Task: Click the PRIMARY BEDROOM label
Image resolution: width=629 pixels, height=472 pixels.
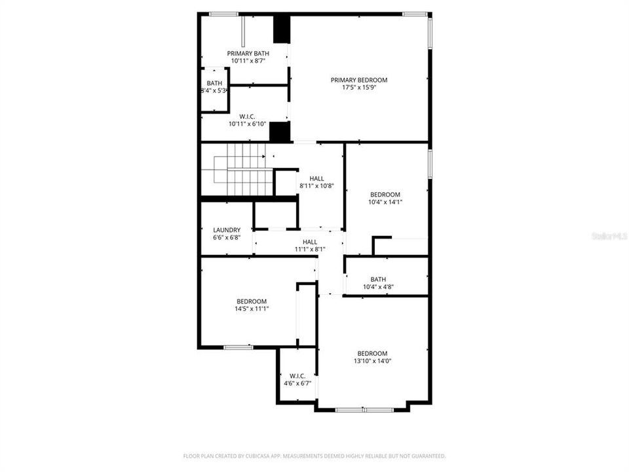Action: (x=358, y=80)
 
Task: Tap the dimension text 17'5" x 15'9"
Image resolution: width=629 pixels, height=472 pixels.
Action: (x=358, y=87)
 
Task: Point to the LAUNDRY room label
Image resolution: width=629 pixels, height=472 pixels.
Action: (x=227, y=230)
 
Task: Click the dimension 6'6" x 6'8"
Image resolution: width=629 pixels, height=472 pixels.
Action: (x=227, y=237)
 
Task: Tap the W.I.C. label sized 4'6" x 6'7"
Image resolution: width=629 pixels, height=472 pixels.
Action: (x=297, y=376)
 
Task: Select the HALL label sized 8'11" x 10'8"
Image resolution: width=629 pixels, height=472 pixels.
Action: (x=316, y=178)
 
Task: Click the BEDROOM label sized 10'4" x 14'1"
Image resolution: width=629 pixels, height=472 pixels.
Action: (x=385, y=195)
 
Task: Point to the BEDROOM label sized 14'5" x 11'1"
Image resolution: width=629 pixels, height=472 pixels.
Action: (x=252, y=301)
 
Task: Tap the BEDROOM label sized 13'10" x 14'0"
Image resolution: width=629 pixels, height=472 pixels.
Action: (x=372, y=353)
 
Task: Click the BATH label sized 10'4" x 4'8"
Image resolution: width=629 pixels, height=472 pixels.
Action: (x=378, y=279)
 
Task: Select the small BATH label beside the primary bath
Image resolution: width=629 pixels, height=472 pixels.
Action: (x=214, y=83)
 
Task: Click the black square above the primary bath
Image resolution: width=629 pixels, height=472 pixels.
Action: (x=281, y=29)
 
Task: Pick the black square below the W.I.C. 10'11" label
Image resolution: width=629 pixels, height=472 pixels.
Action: (x=280, y=132)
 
